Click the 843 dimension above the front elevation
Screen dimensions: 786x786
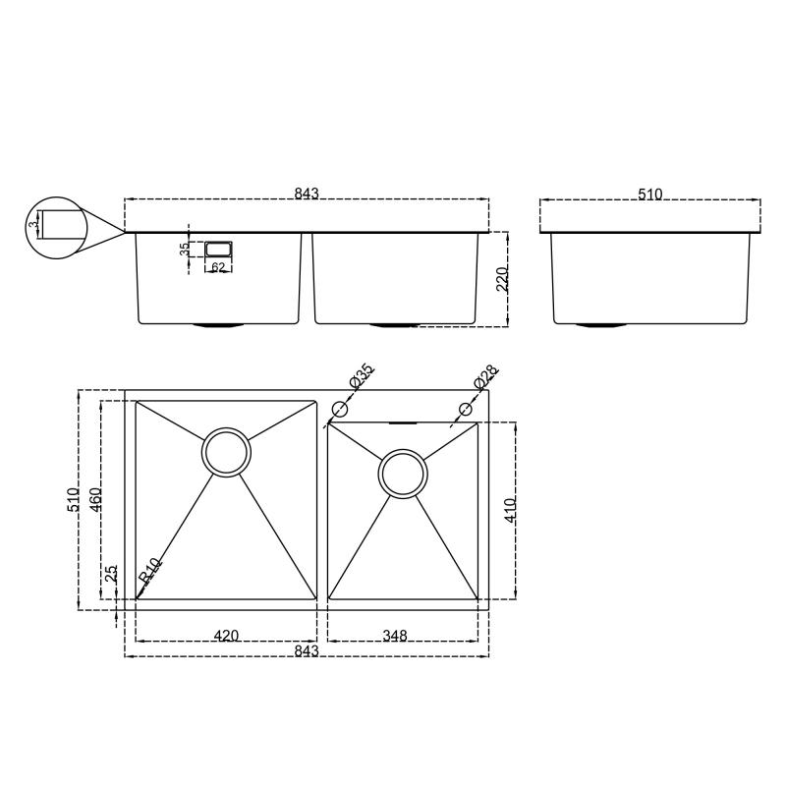coord(307,194)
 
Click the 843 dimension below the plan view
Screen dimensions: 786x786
coord(307,650)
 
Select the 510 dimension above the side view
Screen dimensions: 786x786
coord(649,195)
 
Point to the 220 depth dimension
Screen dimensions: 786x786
coord(502,279)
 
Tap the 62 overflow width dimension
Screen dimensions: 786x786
coord(218,267)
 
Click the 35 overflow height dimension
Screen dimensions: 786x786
coord(185,250)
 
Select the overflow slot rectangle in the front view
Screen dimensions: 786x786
coord(218,249)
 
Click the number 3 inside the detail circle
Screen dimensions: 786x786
coord(34,226)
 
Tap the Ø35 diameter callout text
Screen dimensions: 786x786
coord(362,377)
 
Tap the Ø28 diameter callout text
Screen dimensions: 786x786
coord(485,377)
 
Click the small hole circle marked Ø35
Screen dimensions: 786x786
coord(340,409)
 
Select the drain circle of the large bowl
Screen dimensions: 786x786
coord(226,452)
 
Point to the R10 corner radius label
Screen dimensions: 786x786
coord(149,572)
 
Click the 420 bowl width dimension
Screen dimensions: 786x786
coord(226,636)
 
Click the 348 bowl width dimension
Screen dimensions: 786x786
coord(395,636)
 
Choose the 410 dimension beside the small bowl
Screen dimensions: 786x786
coord(509,509)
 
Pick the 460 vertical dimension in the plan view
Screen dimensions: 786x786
coord(95,499)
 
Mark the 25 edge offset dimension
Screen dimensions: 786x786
coord(111,572)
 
